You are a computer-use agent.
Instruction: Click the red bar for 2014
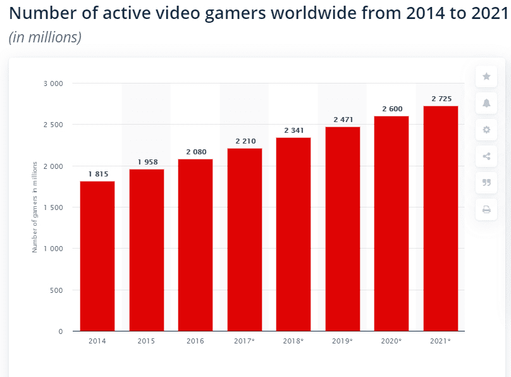coord(97,256)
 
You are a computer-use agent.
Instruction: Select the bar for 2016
coord(195,245)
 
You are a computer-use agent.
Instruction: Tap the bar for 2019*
coord(343,229)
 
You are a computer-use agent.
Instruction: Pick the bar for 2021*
coord(441,218)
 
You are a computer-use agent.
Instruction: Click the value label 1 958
coord(147,163)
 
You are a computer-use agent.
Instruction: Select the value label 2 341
coord(293,131)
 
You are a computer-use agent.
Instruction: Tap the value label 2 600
coord(392,109)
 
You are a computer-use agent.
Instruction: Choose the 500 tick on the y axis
coord(56,290)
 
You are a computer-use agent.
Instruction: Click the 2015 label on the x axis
coord(147,342)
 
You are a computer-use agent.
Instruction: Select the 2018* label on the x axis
coord(293,342)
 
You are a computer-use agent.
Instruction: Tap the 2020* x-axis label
coord(392,342)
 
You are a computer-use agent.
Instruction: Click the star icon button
coord(486,77)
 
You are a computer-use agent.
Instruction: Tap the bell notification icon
coord(486,103)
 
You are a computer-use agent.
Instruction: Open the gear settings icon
coord(486,130)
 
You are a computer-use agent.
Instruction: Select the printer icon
coord(486,209)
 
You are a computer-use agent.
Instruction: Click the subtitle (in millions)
coord(45,38)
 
